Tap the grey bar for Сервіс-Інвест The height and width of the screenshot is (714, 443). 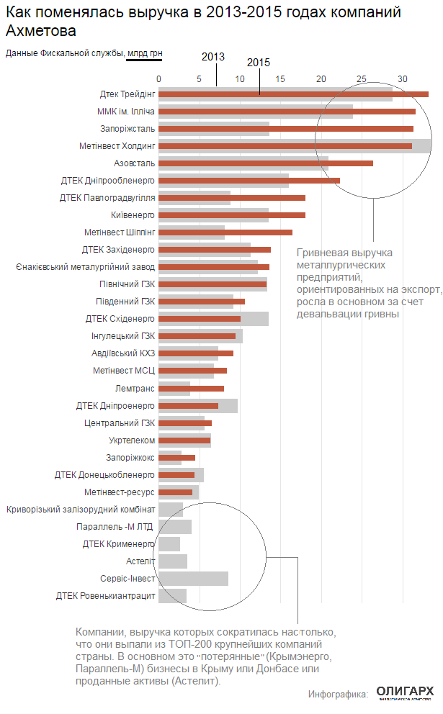(193, 579)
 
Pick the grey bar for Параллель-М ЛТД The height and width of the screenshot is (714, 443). (175, 527)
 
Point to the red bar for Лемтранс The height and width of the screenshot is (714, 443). (191, 388)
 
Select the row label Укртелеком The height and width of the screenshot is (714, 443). (132, 440)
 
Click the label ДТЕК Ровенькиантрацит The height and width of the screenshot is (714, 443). (105, 595)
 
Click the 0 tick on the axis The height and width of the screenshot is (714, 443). (159, 78)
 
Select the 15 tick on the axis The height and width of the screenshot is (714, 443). (281, 78)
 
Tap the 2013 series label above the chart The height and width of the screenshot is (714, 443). (213, 56)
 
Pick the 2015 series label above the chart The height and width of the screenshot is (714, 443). (259, 63)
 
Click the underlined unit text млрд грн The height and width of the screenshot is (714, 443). (144, 53)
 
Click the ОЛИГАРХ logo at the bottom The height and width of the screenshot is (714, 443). (405, 692)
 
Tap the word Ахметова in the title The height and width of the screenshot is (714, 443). (40, 32)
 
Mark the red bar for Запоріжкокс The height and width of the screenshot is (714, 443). (177, 457)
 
